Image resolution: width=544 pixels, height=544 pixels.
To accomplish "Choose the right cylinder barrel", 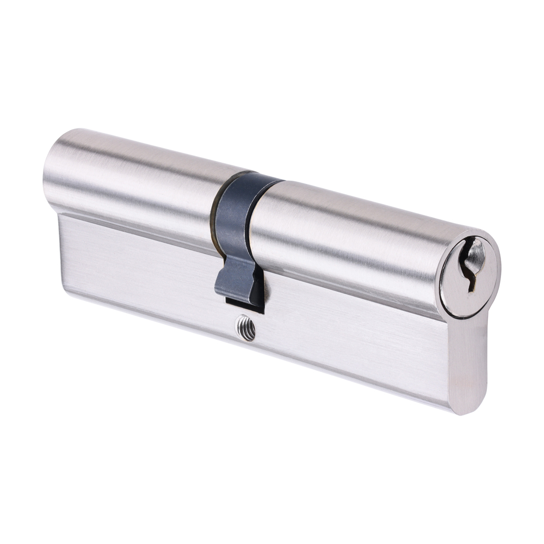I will click(x=348, y=234).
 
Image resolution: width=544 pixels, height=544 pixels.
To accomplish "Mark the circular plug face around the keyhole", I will click(x=469, y=275).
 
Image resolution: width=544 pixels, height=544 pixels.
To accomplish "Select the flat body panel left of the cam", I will click(x=136, y=261).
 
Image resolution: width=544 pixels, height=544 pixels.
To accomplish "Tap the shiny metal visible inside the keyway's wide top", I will click(x=475, y=252).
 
